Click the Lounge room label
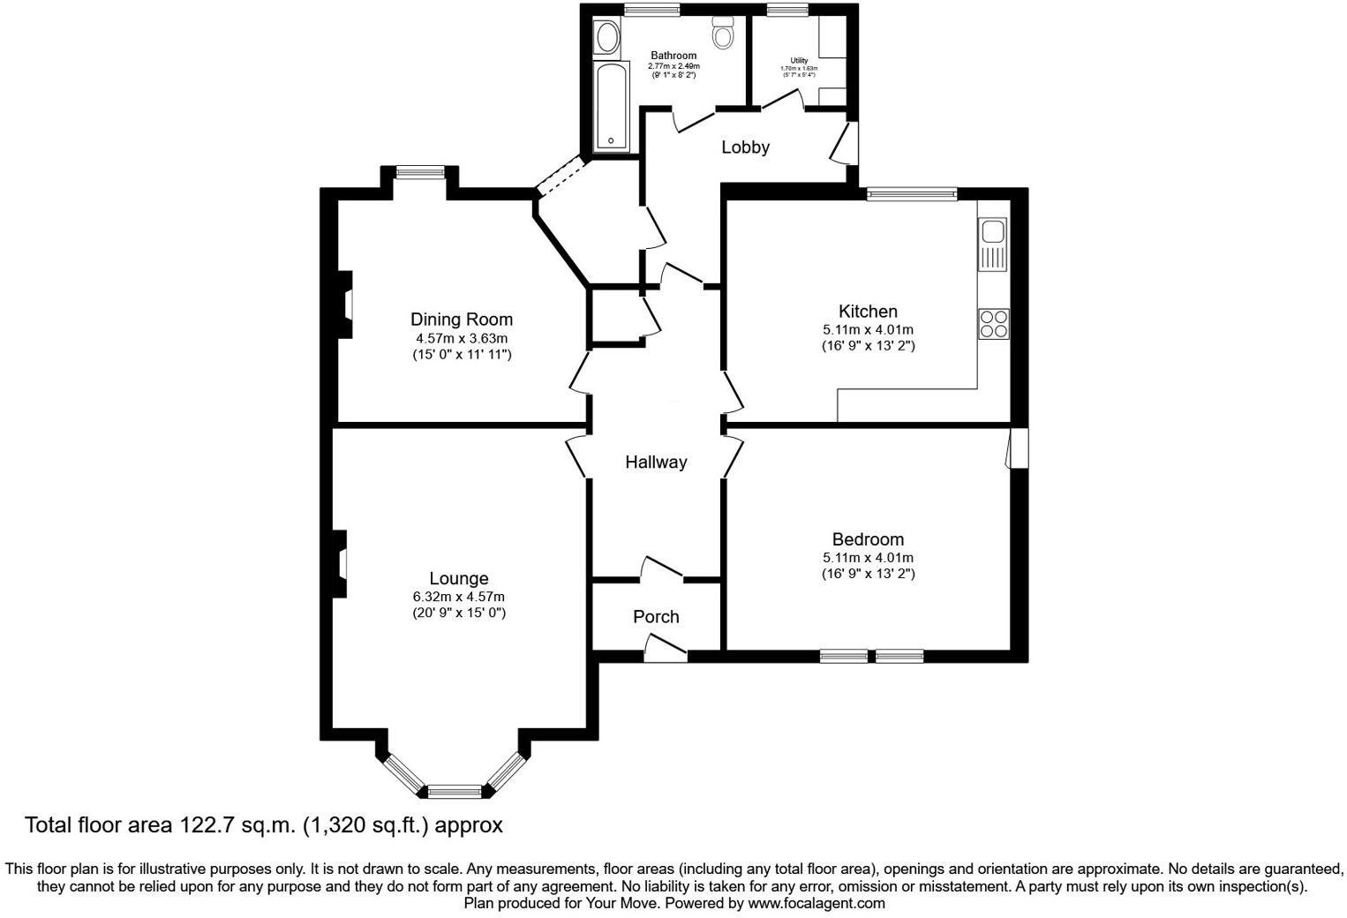458,579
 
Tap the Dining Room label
461,320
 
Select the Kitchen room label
868,312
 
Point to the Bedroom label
868,539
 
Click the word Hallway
656,463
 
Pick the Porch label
656,617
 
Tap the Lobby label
745,147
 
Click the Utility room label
799,61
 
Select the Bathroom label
673,56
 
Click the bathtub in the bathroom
611,106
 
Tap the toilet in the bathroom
724,36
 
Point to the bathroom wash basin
607,38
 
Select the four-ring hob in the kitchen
994,324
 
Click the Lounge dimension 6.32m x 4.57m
458,597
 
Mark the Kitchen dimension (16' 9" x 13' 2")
868,346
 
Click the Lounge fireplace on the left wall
340,564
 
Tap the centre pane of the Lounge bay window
455,790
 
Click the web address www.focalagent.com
816,904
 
